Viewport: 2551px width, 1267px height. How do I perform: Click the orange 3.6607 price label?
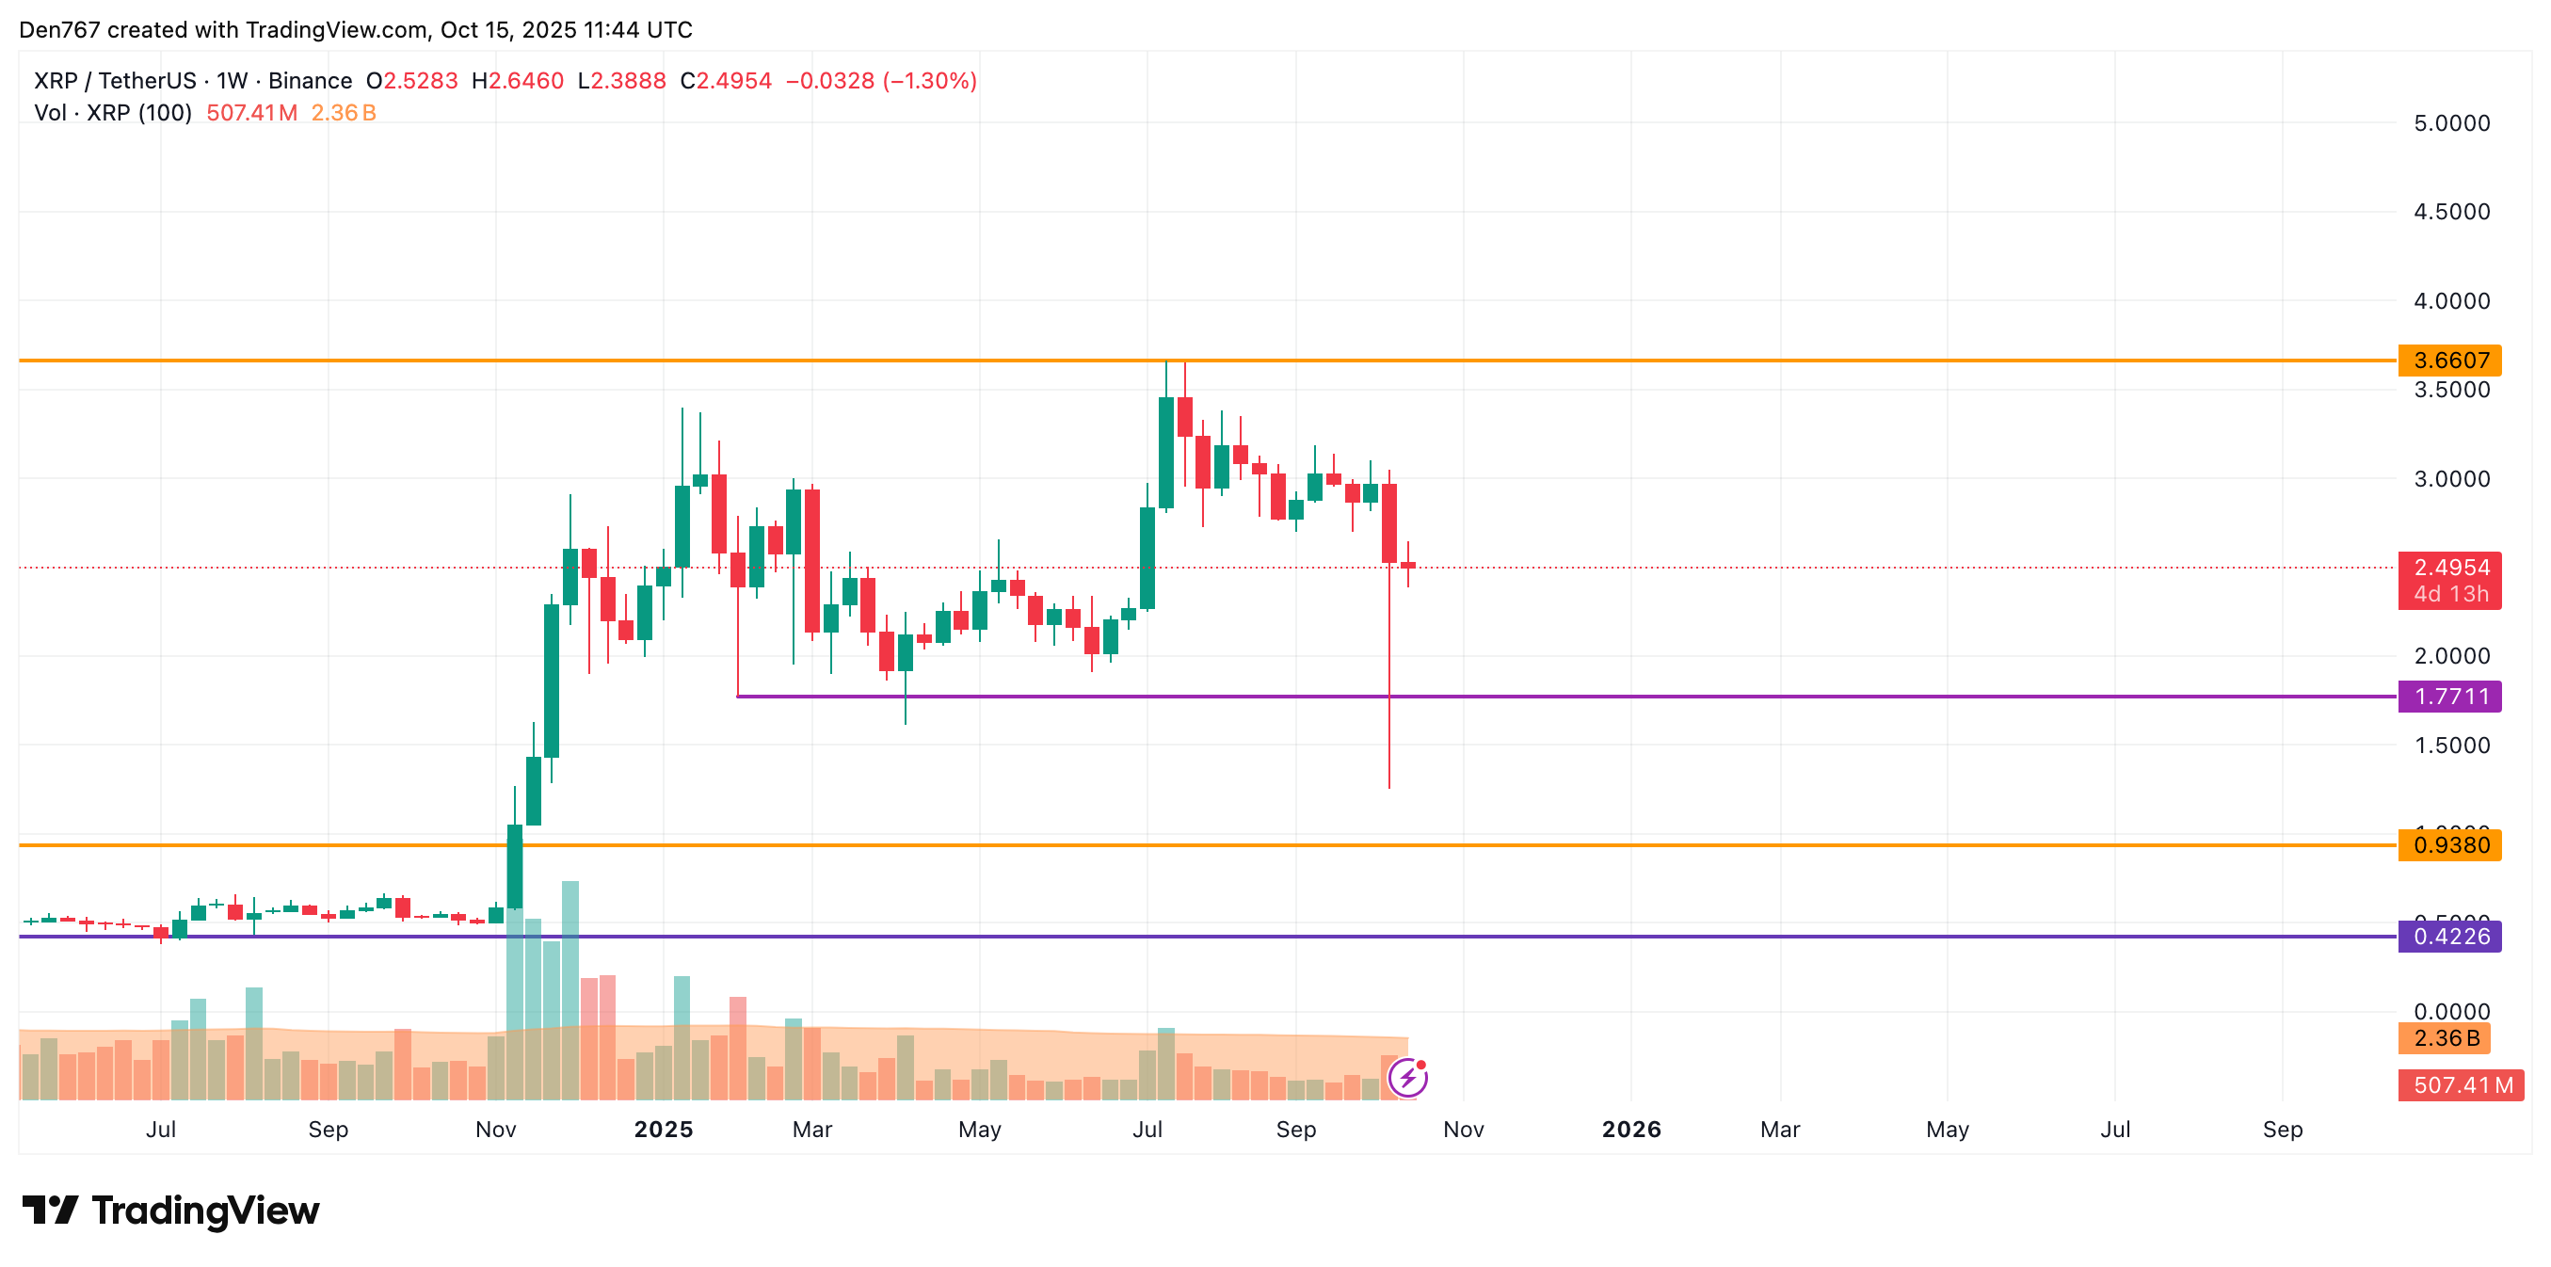(x=2449, y=361)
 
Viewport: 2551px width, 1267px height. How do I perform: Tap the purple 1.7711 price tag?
(x=2449, y=697)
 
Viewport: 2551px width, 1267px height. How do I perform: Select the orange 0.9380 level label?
(x=2449, y=845)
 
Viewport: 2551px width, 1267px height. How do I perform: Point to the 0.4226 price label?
(x=2449, y=937)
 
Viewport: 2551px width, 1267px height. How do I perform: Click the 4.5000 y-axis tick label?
(x=2451, y=212)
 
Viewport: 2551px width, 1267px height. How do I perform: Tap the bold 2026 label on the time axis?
(x=1631, y=1130)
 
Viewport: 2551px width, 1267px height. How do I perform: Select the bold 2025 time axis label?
(x=664, y=1130)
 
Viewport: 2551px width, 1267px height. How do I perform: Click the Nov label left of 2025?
(x=495, y=1130)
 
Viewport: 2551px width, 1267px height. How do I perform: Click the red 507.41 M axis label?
(x=2461, y=1084)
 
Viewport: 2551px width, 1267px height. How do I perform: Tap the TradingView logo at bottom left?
(x=170, y=1211)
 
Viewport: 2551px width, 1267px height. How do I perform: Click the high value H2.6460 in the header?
(x=517, y=81)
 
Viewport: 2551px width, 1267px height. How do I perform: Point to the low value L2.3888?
(x=622, y=81)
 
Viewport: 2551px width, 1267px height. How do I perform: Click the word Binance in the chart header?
(x=310, y=81)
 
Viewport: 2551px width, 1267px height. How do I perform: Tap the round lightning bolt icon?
(x=1407, y=1078)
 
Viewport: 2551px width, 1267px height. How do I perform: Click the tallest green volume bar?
(x=570, y=990)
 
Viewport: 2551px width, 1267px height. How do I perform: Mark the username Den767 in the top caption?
(x=59, y=30)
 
